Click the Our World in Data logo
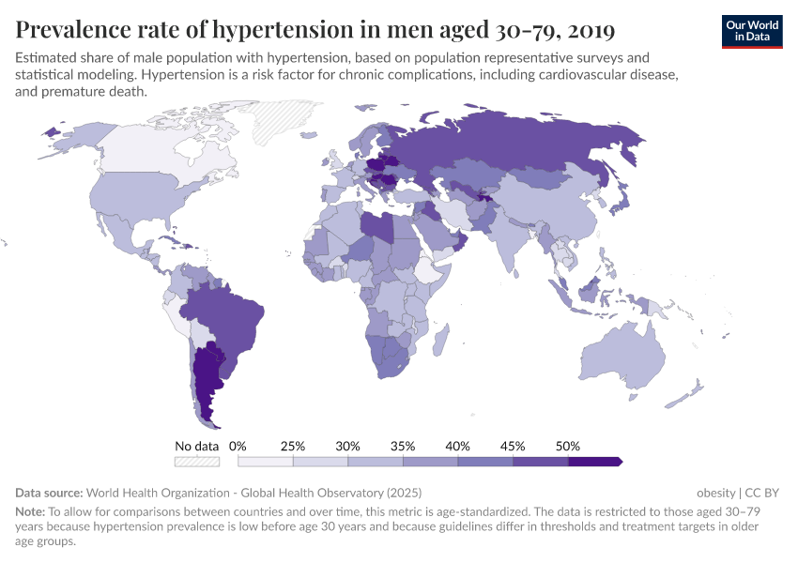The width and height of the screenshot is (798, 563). pyautogui.click(x=751, y=31)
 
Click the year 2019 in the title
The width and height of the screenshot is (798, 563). pyautogui.click(x=587, y=30)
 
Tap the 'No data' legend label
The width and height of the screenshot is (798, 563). pyautogui.click(x=196, y=446)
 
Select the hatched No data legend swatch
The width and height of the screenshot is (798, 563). pyautogui.click(x=196, y=462)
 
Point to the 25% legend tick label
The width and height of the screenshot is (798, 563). pyautogui.click(x=293, y=446)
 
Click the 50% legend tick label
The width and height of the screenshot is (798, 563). pyautogui.click(x=567, y=446)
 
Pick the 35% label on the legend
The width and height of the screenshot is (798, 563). pyautogui.click(x=403, y=446)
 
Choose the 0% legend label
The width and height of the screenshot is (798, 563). pyautogui.click(x=238, y=446)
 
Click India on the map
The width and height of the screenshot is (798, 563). pyautogui.click(x=513, y=238)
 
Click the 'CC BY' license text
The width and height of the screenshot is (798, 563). pyautogui.click(x=762, y=493)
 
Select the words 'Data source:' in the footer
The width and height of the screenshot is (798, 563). pyautogui.click(x=49, y=493)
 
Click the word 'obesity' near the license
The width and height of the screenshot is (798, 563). pyautogui.click(x=716, y=493)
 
